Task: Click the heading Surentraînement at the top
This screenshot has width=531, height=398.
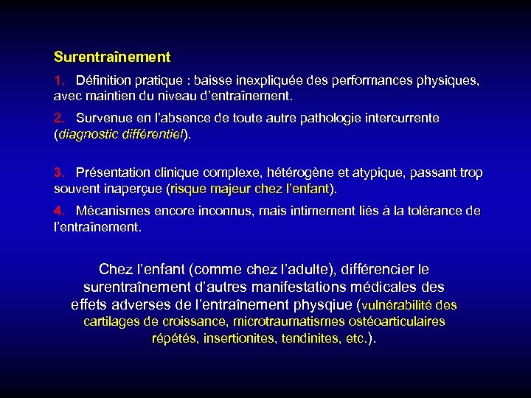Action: pyautogui.click(x=112, y=57)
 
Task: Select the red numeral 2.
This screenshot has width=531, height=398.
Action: pyautogui.click(x=58, y=118)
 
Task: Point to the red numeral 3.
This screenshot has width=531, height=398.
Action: pyautogui.click(x=58, y=173)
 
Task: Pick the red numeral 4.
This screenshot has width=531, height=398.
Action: pyautogui.click(x=58, y=211)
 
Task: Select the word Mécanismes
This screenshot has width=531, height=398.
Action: pyautogui.click(x=111, y=211)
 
